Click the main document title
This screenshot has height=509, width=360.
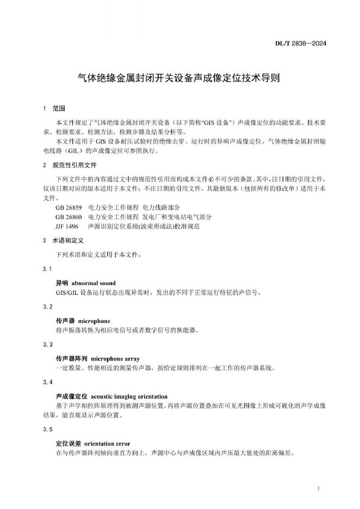pyautogui.click(x=179, y=78)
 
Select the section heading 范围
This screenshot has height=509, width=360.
pyautogui.click(x=59, y=109)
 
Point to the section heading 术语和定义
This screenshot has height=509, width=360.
pyautogui.click(x=66, y=240)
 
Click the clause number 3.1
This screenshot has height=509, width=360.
pyautogui.click(x=47, y=269)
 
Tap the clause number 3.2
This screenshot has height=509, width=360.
pyautogui.click(x=47, y=307)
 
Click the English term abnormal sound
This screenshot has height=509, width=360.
pyautogui.click(x=94, y=283)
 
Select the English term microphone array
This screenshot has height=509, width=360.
pyautogui.click(x=115, y=359)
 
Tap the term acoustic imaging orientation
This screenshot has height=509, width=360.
pyautogui.click(x=129, y=396)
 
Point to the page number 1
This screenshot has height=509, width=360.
pyautogui.click(x=318, y=489)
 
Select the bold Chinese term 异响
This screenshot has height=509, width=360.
pyautogui.click(x=62, y=283)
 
